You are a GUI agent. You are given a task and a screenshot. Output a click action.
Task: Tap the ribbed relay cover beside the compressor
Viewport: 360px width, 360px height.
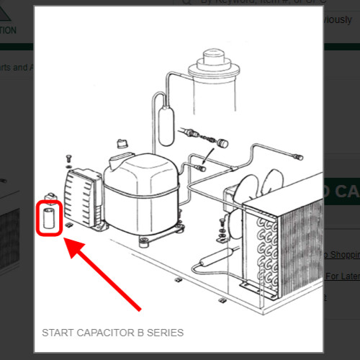tap(80, 197)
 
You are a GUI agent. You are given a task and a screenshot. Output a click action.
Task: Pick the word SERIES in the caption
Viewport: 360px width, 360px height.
tap(164, 333)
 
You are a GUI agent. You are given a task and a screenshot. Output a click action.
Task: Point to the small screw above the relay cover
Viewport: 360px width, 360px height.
tap(68, 157)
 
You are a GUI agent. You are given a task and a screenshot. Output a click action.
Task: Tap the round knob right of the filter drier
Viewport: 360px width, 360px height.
tap(225, 143)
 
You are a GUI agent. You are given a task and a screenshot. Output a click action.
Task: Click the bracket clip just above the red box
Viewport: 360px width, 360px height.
tap(50, 196)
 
